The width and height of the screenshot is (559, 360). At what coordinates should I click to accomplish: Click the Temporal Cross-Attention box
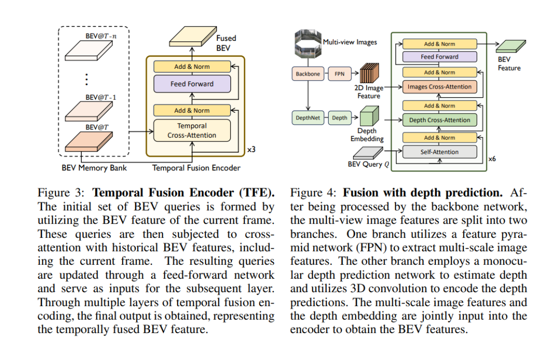point(192,130)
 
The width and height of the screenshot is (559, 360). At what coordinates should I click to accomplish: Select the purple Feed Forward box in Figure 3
point(192,84)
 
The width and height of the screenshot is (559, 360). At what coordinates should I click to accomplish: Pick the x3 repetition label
point(251,149)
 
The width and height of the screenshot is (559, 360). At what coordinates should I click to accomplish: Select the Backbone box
point(308,74)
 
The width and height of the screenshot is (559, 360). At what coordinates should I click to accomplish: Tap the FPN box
point(340,74)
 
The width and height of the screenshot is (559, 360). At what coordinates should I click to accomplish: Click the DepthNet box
point(308,118)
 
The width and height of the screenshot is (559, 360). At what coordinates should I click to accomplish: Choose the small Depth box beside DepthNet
point(340,118)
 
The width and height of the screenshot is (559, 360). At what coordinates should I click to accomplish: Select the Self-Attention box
point(439,152)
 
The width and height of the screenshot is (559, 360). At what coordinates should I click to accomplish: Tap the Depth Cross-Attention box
point(439,120)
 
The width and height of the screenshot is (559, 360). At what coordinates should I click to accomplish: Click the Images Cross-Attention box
point(439,87)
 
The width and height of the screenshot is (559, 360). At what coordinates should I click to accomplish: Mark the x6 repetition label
point(492,159)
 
